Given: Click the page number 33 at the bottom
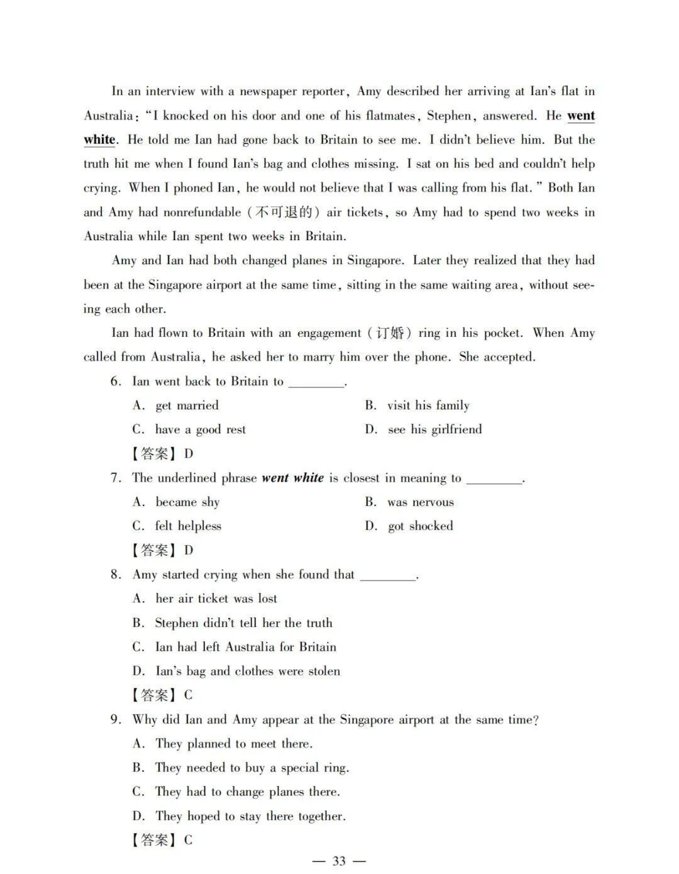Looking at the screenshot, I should tap(339, 861).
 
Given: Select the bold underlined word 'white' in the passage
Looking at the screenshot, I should tap(100, 140).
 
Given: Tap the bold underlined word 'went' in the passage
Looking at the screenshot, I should tap(581, 116).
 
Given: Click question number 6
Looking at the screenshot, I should tap(115, 382).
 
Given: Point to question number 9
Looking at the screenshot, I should tap(115, 719).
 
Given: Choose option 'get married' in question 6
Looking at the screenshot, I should tap(187, 406).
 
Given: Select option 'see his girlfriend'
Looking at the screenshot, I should tap(434, 429).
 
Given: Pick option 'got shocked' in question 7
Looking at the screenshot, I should tap(420, 526).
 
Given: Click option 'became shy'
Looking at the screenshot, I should tap(187, 502).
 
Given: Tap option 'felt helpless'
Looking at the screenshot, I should tap(188, 526).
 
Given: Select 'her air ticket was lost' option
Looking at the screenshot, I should tap(216, 599).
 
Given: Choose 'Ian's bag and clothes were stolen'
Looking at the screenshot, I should tap(247, 671).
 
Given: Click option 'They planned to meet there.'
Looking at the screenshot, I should tap(233, 744).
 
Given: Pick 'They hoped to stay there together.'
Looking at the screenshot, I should tap(250, 816).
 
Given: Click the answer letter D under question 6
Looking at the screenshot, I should tap(189, 454).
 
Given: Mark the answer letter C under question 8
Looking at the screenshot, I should tap(189, 695).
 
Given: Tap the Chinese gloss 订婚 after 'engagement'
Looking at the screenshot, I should tap(390, 333).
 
